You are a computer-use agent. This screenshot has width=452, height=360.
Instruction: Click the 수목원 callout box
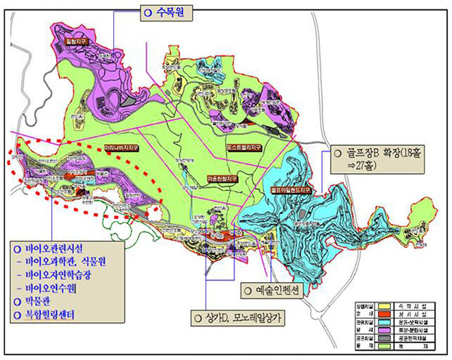169,12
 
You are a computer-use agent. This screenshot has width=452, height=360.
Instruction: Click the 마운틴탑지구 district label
223,176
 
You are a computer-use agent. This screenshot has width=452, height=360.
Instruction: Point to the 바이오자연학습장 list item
67,276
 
